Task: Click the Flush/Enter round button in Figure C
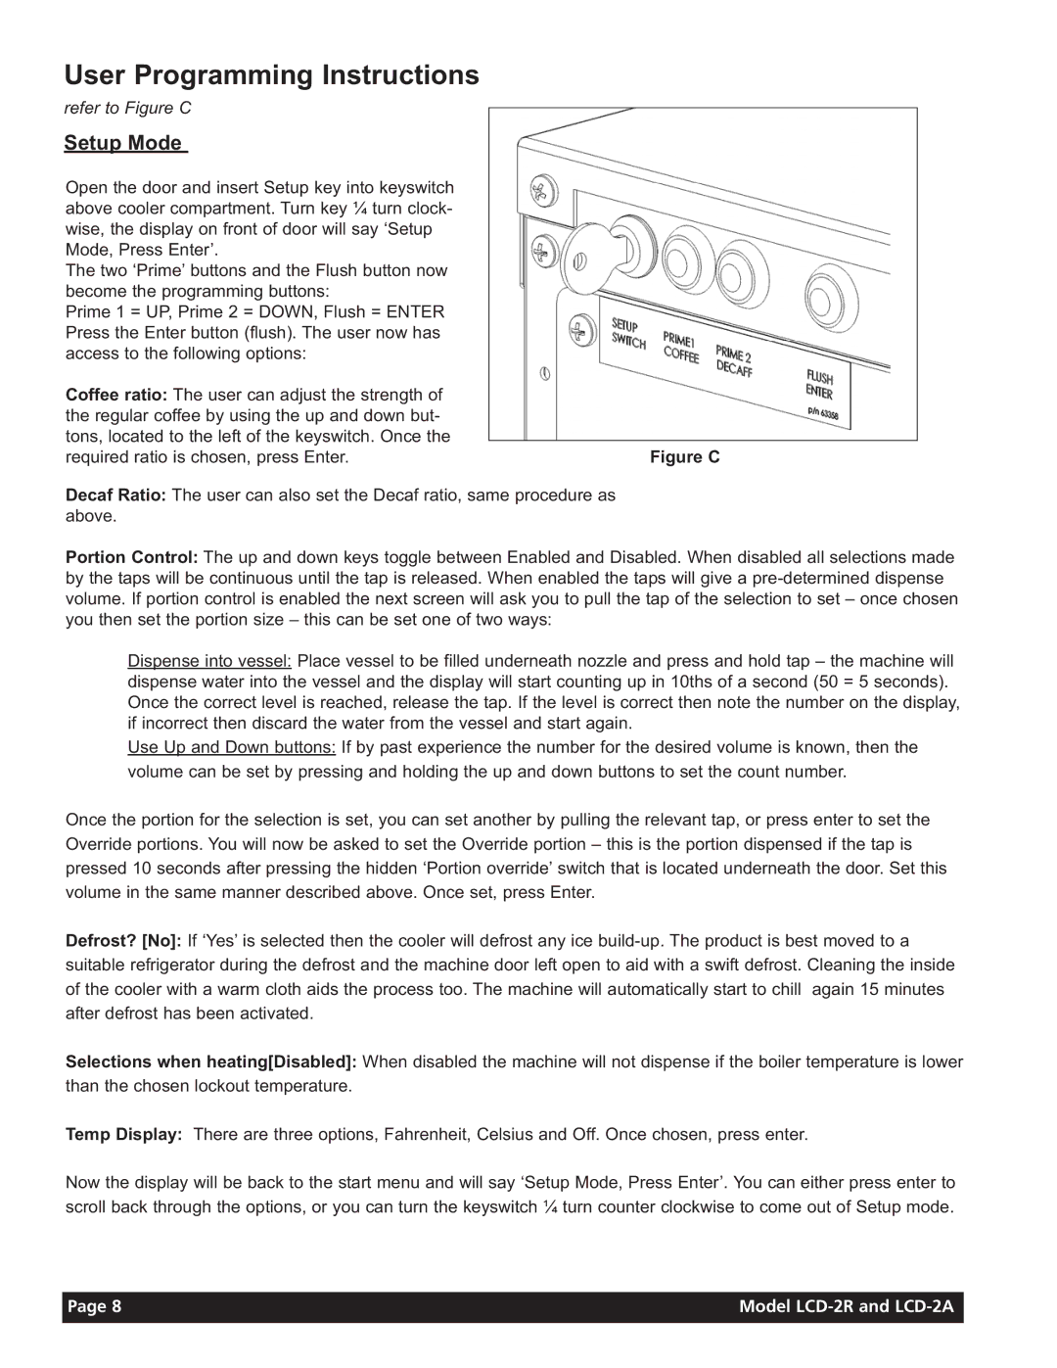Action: point(831,298)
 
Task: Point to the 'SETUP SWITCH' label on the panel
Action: point(628,333)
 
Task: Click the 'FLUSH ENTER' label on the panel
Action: point(820,384)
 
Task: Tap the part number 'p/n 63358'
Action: point(822,413)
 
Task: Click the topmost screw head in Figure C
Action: point(543,191)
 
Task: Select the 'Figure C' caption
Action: point(684,457)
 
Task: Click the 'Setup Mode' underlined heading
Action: point(123,143)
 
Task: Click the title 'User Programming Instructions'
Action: point(271,75)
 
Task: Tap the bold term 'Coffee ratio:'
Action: point(116,395)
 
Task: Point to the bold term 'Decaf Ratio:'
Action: point(115,495)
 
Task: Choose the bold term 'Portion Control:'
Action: point(132,558)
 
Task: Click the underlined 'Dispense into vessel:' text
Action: point(209,662)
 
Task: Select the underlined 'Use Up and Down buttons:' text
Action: point(232,748)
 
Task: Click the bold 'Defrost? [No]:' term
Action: point(123,941)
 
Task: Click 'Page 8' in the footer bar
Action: point(94,1306)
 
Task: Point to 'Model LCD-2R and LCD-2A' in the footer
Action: point(846,1306)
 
